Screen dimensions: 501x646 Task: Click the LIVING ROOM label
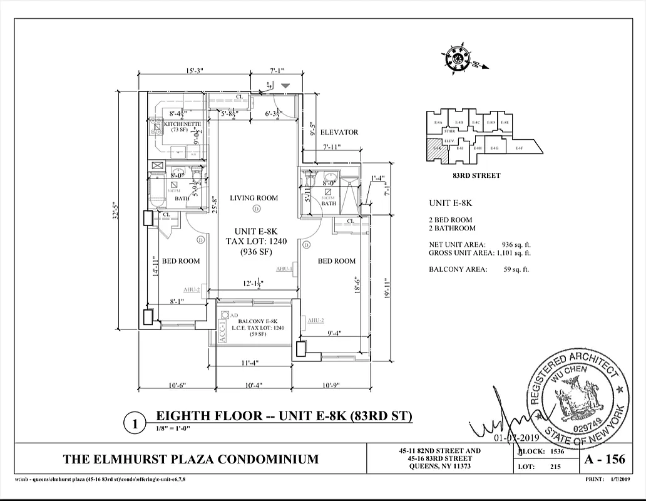click(254, 198)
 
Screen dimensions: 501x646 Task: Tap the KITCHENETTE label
click(182, 124)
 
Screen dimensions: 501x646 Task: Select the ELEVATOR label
click(339, 132)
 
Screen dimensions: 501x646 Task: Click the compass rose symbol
click(461, 58)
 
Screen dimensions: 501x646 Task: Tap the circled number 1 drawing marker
click(135, 424)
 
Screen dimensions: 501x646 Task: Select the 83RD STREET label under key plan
click(476, 175)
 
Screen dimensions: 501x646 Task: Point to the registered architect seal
click(577, 397)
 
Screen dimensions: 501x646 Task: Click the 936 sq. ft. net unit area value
click(516, 244)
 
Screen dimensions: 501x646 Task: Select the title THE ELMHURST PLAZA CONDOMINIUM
click(190, 459)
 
